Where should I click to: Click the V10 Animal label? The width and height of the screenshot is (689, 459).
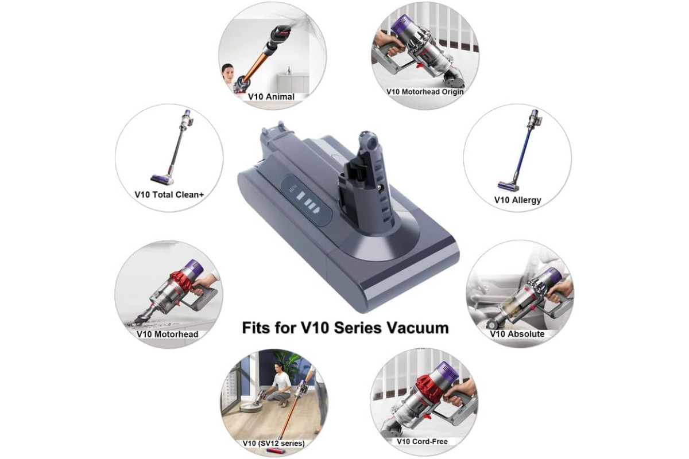click(x=271, y=96)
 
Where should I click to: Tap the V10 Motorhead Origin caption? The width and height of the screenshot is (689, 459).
click(x=425, y=92)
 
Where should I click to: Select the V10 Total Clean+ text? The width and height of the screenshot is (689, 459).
click(x=169, y=195)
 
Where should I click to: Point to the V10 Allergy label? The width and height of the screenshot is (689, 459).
click(x=517, y=200)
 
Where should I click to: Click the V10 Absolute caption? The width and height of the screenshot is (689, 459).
click(x=517, y=334)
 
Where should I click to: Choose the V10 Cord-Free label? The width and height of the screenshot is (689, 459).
click(x=422, y=441)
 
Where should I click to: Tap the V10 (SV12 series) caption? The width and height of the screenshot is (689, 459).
click(x=273, y=443)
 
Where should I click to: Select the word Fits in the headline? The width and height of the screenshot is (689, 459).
click(x=257, y=328)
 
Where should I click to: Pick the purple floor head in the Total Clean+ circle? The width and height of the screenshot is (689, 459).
click(x=160, y=179)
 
